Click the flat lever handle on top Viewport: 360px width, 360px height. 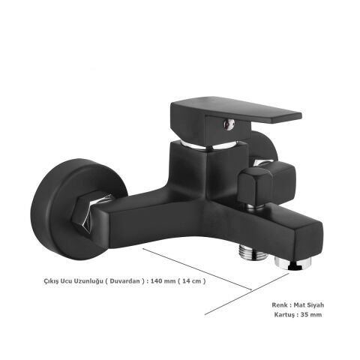point(235,118)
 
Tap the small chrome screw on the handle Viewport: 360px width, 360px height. point(229,124)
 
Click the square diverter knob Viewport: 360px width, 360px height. point(267,182)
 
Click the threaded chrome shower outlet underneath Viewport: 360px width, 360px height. point(253,252)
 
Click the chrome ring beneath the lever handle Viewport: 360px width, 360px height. point(210,145)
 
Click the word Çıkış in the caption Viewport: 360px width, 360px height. point(51,281)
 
